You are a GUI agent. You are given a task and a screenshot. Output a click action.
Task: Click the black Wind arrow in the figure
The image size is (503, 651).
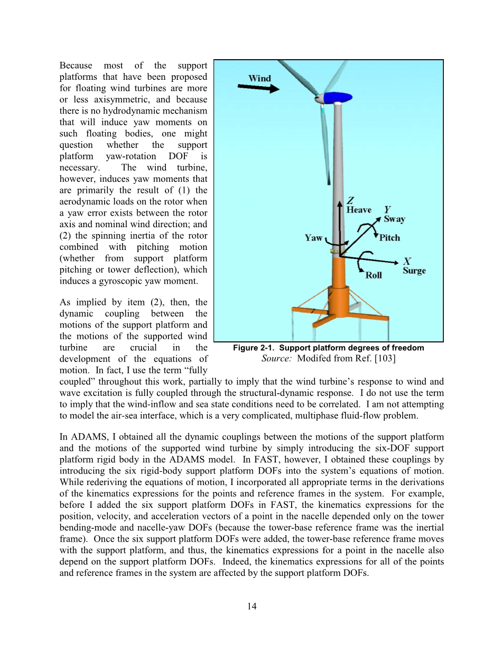(258, 88)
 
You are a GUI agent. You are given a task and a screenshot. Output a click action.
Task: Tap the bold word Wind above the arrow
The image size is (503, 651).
(259, 78)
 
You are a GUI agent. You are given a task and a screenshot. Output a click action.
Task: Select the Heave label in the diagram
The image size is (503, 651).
(359, 210)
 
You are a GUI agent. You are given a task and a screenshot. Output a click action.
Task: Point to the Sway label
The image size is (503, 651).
(394, 219)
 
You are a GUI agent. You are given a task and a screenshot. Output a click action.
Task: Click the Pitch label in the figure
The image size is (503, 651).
(389, 238)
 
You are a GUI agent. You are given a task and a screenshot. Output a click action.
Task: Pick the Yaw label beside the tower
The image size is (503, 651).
(313, 238)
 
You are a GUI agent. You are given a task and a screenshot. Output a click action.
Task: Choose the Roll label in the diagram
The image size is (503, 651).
(374, 275)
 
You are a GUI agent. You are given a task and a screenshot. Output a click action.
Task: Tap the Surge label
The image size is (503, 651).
(414, 271)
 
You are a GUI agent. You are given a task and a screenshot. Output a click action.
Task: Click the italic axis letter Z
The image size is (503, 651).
(350, 201)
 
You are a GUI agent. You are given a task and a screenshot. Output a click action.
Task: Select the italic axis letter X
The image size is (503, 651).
(407, 261)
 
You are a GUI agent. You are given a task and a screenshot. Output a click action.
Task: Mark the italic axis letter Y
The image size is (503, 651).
(387, 210)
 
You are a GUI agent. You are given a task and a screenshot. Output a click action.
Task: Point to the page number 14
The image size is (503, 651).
(251, 606)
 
